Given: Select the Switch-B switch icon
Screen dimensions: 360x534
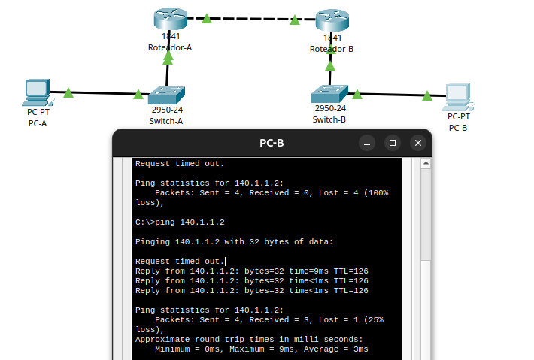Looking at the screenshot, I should (x=329, y=92).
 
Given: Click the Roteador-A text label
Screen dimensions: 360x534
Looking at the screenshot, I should (x=170, y=48).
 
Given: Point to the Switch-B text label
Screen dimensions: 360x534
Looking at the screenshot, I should (x=329, y=119).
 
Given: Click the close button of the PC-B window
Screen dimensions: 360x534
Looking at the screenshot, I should (x=417, y=142).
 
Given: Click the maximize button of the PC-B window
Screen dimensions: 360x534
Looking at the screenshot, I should (x=392, y=142).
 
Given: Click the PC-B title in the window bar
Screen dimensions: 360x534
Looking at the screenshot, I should (x=272, y=142).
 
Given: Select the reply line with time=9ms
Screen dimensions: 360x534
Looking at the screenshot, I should (x=251, y=271).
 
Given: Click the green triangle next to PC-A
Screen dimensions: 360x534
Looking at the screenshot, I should (x=68, y=93).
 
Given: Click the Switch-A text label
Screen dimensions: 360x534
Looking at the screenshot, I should (x=166, y=121).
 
